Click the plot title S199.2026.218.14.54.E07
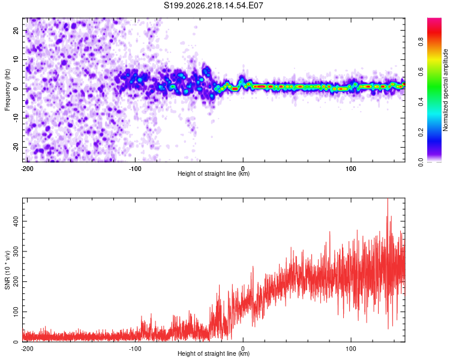tap(213, 5)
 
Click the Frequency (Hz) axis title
tap(7, 90)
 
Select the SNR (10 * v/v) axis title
tap(7, 270)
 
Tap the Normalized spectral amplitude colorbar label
tap(445, 90)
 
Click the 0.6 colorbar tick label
tap(421, 72)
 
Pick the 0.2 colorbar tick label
tap(421, 133)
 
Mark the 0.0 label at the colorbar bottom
tap(421, 162)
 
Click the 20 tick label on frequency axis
tap(16, 30)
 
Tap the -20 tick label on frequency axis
tap(16, 147)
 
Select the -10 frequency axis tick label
tap(16, 118)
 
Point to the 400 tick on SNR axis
tap(16, 221)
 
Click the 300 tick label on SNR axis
tap(16, 251)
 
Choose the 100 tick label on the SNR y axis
tap(16, 312)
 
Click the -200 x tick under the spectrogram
tap(27, 169)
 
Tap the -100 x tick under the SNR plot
tap(135, 349)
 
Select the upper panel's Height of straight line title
tap(214, 173)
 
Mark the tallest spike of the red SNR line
tap(388, 199)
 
